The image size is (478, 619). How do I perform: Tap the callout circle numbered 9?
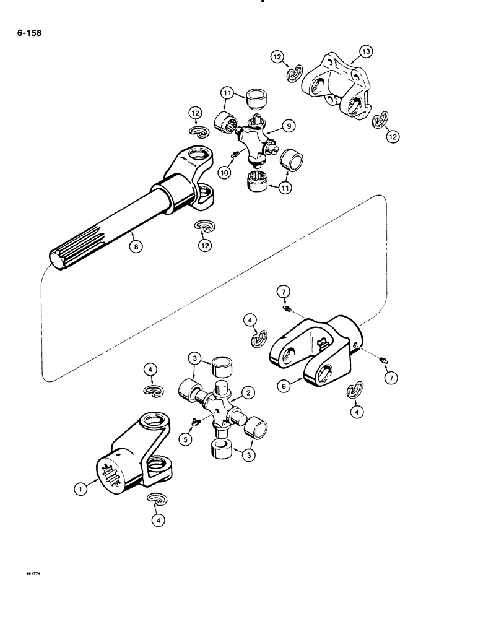[287, 126]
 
